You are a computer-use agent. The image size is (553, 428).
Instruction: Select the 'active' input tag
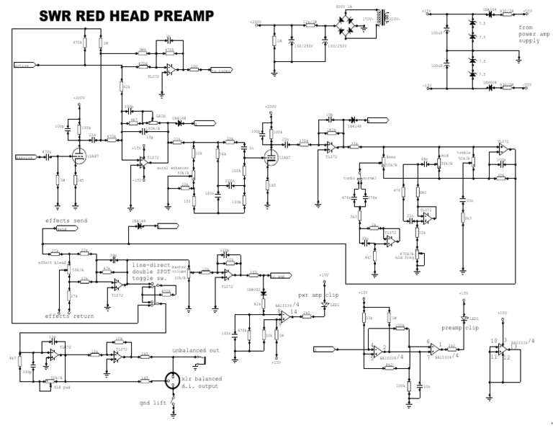(x=24, y=66)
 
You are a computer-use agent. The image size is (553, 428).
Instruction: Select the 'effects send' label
(x=66, y=221)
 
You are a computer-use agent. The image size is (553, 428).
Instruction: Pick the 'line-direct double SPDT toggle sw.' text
(x=156, y=272)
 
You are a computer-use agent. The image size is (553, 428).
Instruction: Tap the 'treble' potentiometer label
(x=462, y=154)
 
